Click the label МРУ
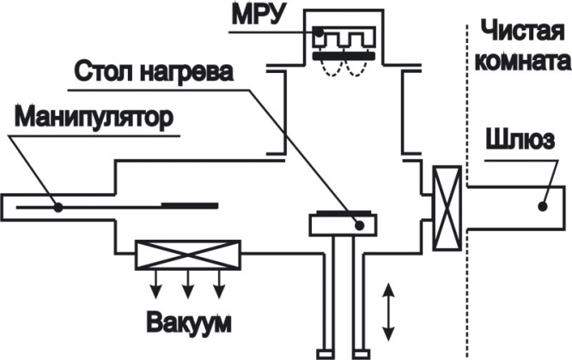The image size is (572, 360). click(258, 15)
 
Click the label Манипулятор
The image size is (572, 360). click(94, 118)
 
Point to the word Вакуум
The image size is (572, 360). click(189, 321)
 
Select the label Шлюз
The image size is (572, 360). click(520, 140)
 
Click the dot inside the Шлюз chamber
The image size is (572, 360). click(543, 206)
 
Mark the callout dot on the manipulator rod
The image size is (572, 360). click(58, 207)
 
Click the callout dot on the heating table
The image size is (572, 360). click(360, 225)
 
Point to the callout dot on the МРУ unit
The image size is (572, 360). click(319, 32)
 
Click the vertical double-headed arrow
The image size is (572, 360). click(388, 311)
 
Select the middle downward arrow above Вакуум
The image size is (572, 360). click(188, 284)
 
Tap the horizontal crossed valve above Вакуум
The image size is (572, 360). click(188, 255)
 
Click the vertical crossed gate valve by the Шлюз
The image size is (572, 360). click(447, 208)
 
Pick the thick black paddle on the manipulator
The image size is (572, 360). click(190, 205)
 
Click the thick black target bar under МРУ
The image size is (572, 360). click(344, 56)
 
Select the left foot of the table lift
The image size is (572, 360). click(325, 354)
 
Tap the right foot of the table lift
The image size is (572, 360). click(362, 354)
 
